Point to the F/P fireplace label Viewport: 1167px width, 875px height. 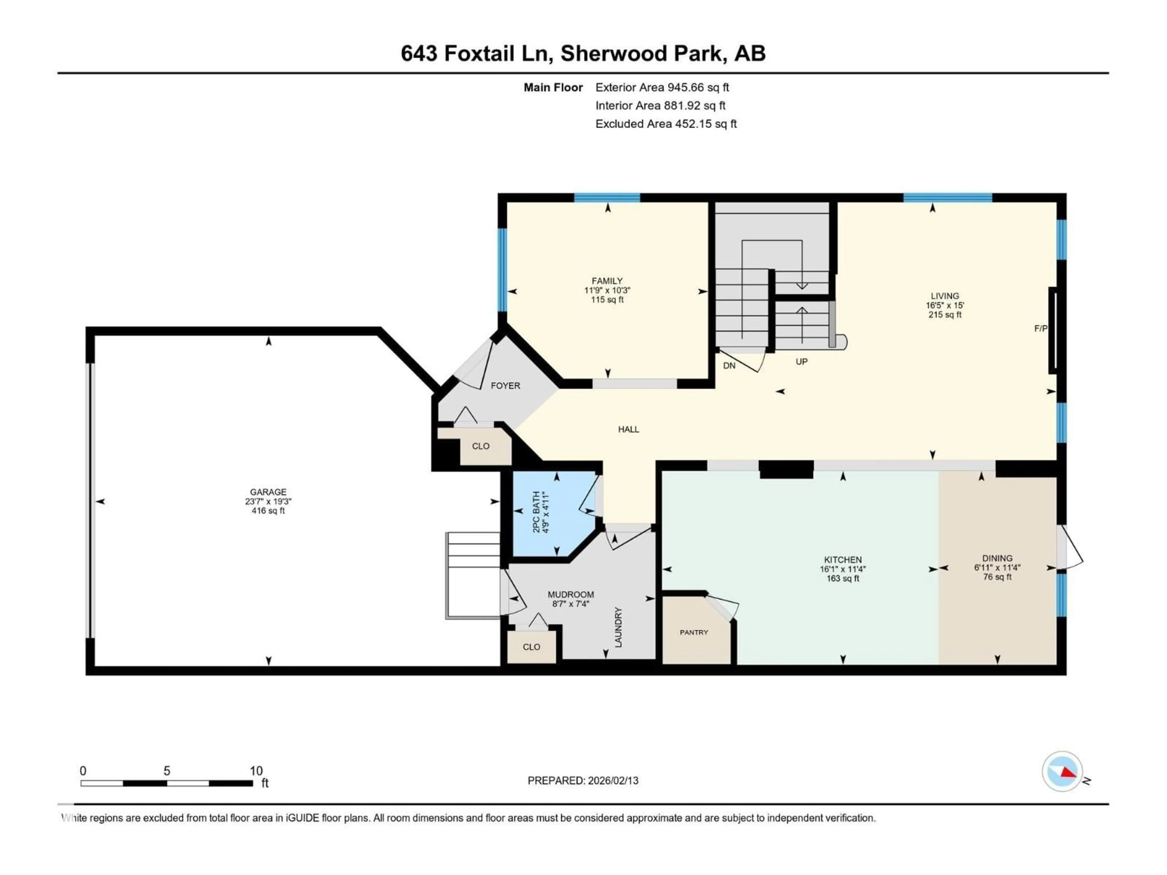pos(1040,329)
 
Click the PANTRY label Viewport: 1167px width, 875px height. pos(694,632)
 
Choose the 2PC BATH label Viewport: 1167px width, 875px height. pos(536,512)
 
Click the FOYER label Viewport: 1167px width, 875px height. pos(505,386)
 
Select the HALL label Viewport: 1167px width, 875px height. pos(628,429)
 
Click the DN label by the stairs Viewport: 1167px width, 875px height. pos(729,365)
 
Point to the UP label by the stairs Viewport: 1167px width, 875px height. pos(801,362)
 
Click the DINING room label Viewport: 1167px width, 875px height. pos(997,558)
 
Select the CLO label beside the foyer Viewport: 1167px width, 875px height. pos(480,446)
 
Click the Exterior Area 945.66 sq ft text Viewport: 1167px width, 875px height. pos(662,87)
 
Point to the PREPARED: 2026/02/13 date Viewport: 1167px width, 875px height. pos(583,781)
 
